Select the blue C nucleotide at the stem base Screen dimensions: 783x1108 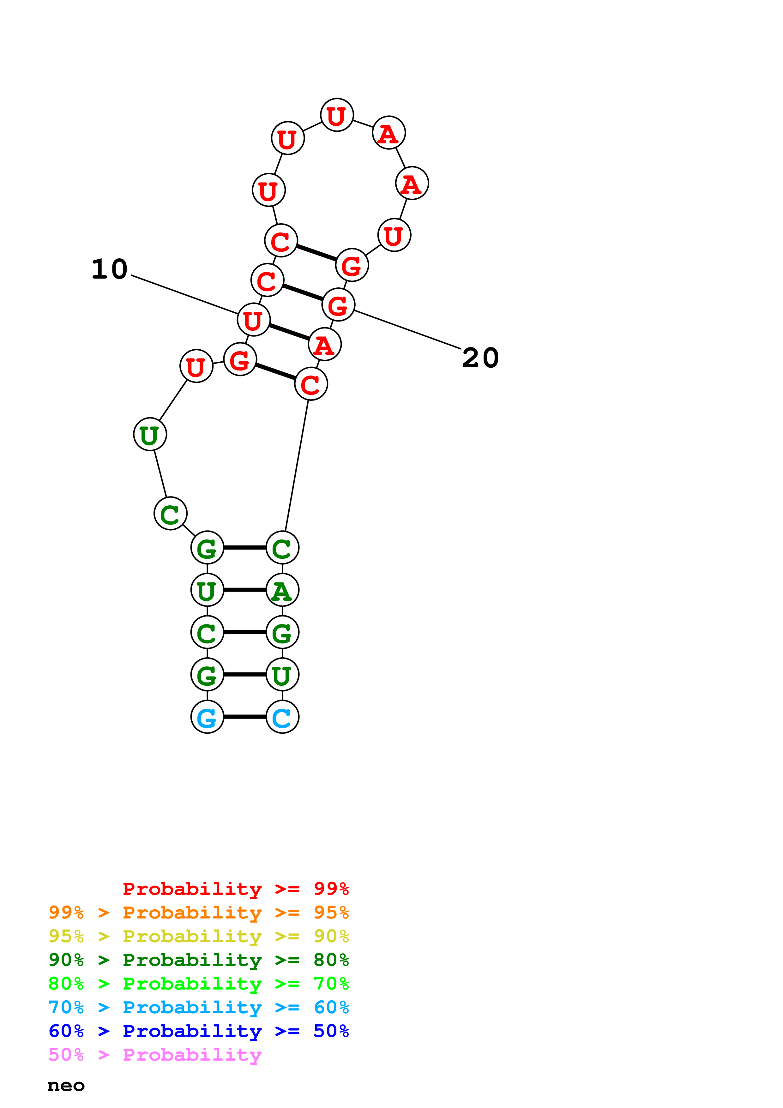click(282, 717)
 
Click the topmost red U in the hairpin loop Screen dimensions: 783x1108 click(337, 115)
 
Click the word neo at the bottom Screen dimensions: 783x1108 click(66, 1085)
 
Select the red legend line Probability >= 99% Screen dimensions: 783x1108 click(235, 889)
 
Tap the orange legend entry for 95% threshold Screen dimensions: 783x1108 click(198, 912)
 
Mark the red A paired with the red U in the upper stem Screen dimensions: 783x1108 click(325, 345)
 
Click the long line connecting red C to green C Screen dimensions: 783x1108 click(297, 466)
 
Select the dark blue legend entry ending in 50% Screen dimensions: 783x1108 click(198, 1031)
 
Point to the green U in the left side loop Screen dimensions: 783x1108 click(150, 434)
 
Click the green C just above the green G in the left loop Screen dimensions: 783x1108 click(170, 514)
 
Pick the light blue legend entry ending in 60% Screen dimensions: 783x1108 click(198, 1007)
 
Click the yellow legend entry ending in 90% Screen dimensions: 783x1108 click(198, 936)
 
